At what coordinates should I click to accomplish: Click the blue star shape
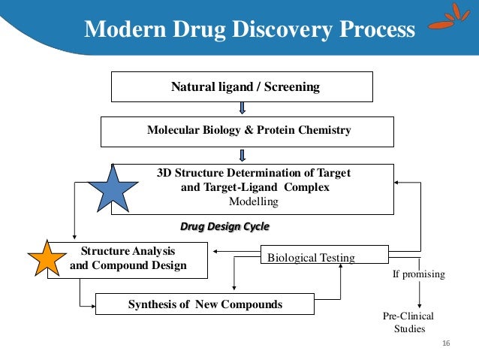[113, 188]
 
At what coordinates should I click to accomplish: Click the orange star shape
[52, 260]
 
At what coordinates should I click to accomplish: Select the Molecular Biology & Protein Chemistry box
[249, 131]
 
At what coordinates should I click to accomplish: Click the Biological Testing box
[324, 257]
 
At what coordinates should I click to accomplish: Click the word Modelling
[252, 202]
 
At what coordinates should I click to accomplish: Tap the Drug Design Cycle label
[224, 225]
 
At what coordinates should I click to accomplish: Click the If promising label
[418, 274]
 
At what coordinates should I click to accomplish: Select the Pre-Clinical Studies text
[408, 322]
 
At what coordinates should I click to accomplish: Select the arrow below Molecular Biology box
[243, 155]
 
